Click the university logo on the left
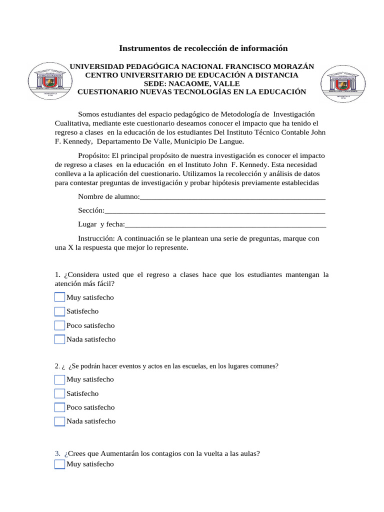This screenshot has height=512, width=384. click(x=49, y=81)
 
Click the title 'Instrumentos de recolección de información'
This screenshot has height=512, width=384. click(x=203, y=48)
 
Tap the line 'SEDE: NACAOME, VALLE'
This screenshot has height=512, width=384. click(x=191, y=83)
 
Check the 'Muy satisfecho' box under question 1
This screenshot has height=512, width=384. click(x=59, y=297)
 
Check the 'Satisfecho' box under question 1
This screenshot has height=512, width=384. click(x=59, y=311)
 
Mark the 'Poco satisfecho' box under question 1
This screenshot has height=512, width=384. click(x=59, y=325)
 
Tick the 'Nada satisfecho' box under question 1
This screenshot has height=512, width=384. click(x=59, y=339)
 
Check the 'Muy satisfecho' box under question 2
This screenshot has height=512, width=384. click(x=59, y=379)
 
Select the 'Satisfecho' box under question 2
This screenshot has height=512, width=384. click(x=59, y=393)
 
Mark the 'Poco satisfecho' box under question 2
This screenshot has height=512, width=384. click(x=59, y=407)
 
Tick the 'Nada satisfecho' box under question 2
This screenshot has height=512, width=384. click(x=59, y=421)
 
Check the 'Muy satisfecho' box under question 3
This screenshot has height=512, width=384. click(x=59, y=464)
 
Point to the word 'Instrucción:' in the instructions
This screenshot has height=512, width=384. click(x=97, y=239)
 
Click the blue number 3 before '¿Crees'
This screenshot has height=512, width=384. click(x=57, y=454)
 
